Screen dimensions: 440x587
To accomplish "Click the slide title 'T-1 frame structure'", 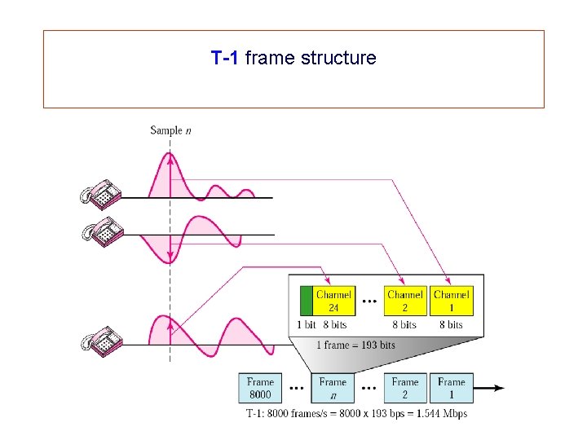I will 293,58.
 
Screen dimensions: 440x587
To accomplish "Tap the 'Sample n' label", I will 170,130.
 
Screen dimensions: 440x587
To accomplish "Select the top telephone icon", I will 100,194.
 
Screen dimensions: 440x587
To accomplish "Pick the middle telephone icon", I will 100,233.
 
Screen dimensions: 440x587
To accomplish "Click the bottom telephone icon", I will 100,341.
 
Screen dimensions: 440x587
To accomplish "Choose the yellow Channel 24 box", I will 333,301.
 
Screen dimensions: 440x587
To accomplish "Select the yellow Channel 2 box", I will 405,301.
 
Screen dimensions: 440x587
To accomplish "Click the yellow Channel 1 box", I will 451,301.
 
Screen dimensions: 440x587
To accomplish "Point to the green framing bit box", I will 307,301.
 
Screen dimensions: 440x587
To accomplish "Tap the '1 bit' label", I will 307,324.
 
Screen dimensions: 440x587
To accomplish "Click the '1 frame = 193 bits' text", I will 355,345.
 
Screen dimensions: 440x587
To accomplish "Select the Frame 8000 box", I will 261,388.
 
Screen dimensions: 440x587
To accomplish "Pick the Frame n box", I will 333,388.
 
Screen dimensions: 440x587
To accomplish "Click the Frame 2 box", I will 405,388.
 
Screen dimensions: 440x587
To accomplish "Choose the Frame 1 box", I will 451,388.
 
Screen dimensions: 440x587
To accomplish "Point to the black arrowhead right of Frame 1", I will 498,389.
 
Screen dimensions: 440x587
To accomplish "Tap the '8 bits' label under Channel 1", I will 451,324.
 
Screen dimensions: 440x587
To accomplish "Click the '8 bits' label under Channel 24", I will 333,324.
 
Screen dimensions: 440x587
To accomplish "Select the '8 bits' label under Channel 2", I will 405,324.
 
